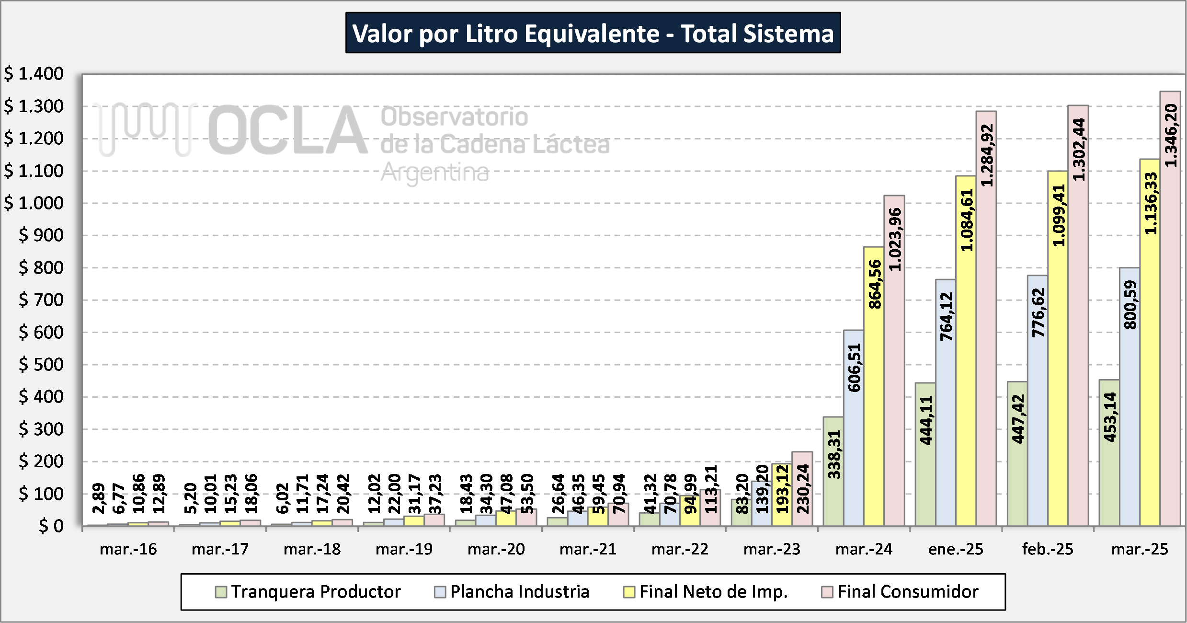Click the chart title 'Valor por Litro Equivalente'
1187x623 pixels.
coord(593,33)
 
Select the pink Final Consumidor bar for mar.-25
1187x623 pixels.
coord(1170,335)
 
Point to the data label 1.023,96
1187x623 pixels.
coord(895,240)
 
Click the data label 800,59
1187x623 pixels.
coord(1130,305)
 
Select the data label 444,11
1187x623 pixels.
coord(926,421)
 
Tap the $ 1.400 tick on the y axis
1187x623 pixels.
coord(34,74)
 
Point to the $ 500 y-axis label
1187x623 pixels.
coord(41,365)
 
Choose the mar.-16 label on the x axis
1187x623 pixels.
coord(128,549)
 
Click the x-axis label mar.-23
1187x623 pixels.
coord(772,549)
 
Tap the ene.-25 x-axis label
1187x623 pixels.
coord(956,549)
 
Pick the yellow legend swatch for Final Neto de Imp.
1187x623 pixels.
coord(629,592)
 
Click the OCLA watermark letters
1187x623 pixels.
coord(287,130)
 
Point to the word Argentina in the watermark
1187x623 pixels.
coord(435,173)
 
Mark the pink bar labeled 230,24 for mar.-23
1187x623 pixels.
coord(802,489)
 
